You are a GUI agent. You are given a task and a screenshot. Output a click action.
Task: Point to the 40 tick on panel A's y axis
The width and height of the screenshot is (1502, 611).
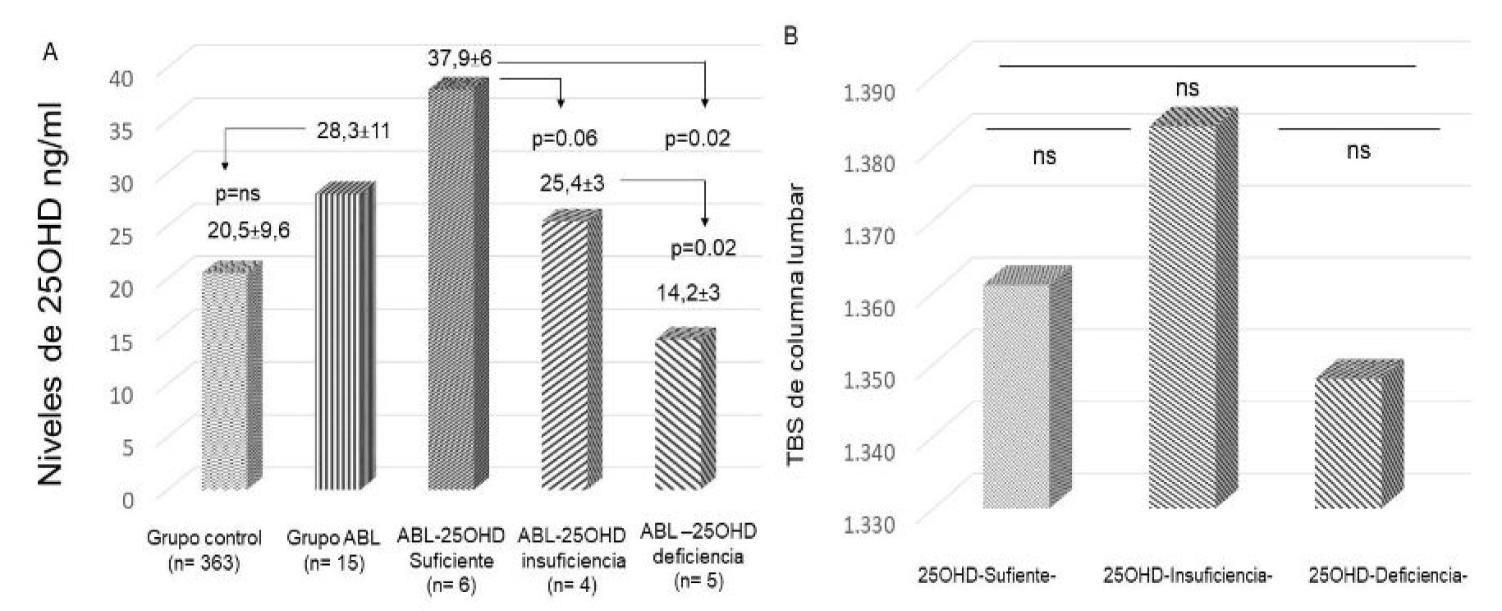coord(121,76)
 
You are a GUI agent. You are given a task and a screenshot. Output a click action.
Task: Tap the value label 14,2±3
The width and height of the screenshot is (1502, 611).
coord(688,293)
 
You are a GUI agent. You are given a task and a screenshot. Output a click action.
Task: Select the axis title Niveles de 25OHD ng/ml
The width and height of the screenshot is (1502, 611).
coord(51,292)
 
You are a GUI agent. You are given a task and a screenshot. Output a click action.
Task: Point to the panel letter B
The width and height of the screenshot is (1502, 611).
coord(790,36)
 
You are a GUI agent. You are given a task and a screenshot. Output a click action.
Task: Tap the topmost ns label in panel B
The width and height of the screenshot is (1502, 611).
coord(1187,88)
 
